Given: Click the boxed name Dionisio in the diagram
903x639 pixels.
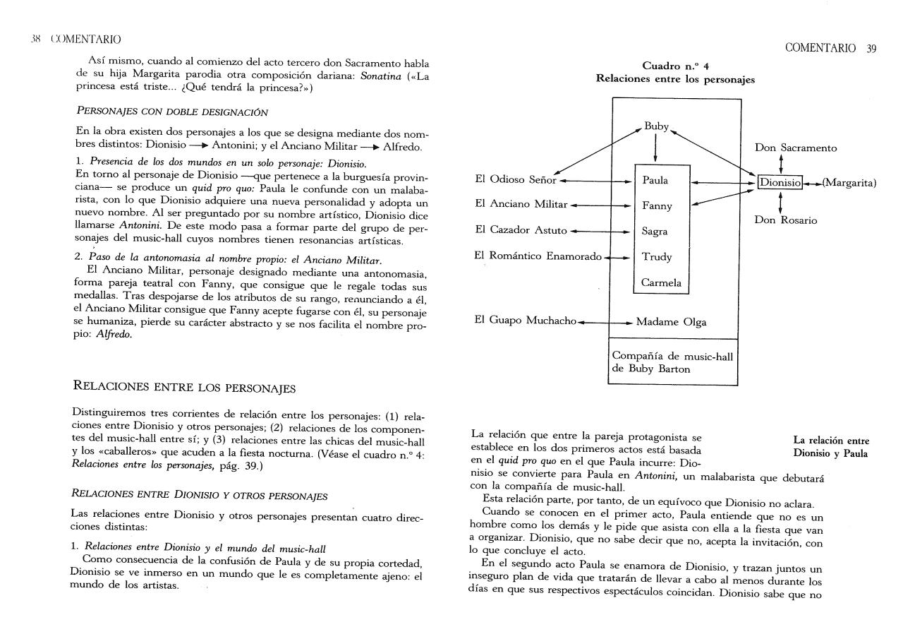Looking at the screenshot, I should (780, 183).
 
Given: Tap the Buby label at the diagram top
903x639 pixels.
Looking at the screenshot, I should (656, 127).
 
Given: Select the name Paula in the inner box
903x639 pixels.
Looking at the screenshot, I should (655, 181).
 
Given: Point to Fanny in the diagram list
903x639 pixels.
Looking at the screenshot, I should (657, 206).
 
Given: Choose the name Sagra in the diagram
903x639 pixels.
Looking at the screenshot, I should (655, 232).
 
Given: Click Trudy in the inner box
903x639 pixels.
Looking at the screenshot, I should (657, 257).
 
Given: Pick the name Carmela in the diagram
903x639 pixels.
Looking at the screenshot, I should (661, 282).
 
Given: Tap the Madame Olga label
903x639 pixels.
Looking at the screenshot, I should (671, 322).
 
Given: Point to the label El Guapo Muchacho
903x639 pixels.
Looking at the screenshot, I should (526, 321).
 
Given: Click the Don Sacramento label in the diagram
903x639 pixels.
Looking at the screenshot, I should (796, 148).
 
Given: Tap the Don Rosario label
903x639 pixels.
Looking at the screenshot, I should (786, 220).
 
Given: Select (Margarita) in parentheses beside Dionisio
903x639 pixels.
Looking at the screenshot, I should (849, 183).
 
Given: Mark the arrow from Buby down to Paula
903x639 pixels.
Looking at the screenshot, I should (656, 148).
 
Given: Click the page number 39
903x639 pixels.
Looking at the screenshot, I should (871, 48).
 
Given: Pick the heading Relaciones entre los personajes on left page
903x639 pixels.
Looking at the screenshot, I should (184, 387).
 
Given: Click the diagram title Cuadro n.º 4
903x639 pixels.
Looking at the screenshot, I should (674, 66).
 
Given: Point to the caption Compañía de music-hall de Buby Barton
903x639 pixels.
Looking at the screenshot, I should (672, 362).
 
